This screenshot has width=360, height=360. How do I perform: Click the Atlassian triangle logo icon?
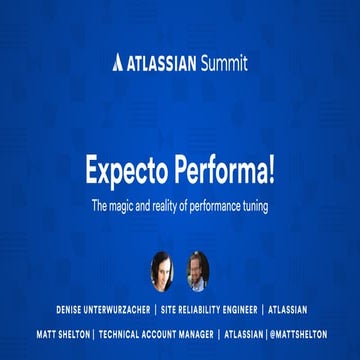pos(118,63)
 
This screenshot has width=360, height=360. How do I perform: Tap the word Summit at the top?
pos(220,63)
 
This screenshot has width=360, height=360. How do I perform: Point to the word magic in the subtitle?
pos(128,208)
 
